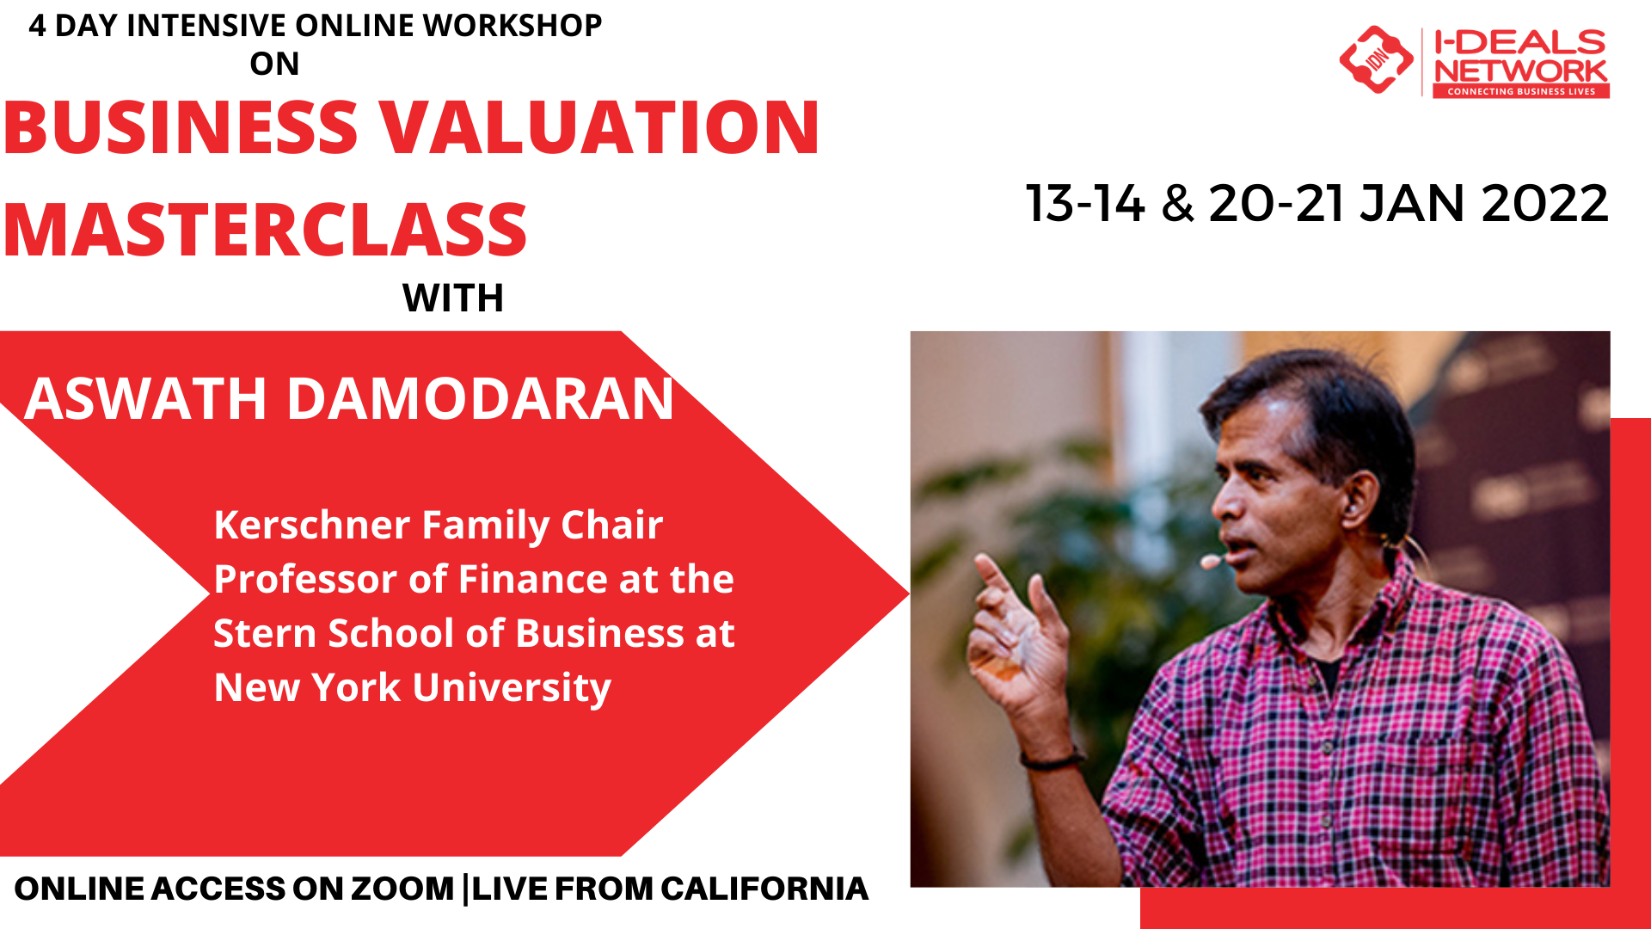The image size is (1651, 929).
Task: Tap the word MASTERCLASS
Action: click(x=265, y=231)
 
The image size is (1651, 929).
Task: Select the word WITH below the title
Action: click(x=453, y=298)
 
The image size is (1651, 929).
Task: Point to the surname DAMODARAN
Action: click(x=480, y=399)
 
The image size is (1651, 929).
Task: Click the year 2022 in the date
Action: click(x=1544, y=204)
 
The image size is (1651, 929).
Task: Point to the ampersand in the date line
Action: click(x=1177, y=205)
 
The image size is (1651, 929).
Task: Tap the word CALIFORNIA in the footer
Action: click(x=764, y=889)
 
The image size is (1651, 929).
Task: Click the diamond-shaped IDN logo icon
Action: click(x=1376, y=59)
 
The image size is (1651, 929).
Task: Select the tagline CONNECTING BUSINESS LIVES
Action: click(x=1520, y=91)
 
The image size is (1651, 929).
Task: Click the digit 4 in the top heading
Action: click(x=37, y=26)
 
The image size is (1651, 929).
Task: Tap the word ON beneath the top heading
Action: click(x=274, y=64)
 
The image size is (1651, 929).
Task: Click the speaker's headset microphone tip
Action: click(x=1210, y=563)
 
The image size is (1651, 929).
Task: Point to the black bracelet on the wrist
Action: click(x=1051, y=760)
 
